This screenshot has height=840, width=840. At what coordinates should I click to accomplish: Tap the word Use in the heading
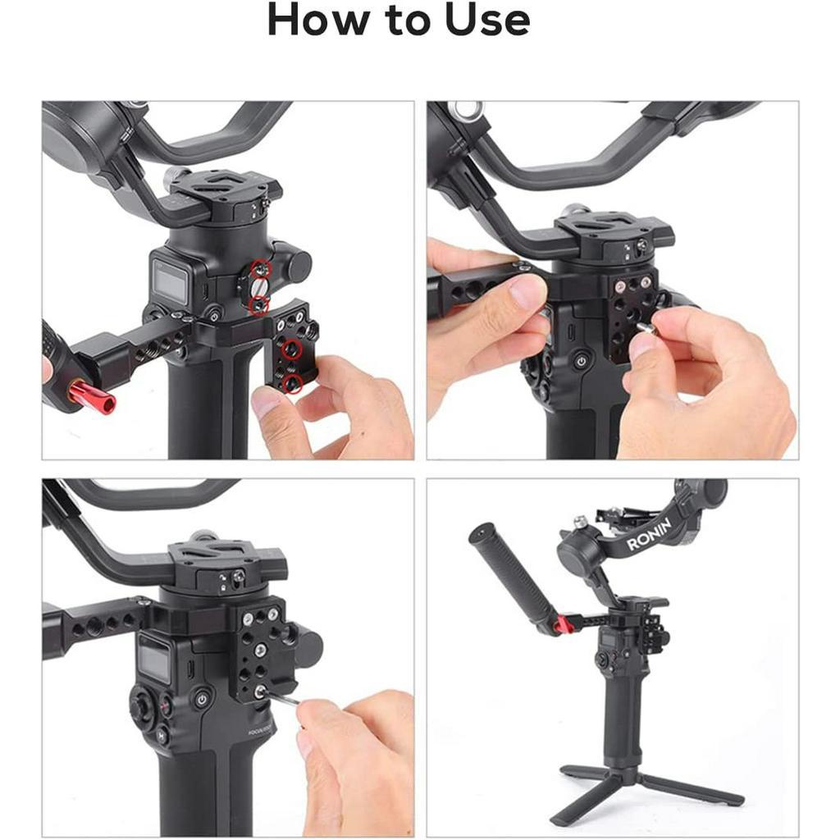tap(487, 20)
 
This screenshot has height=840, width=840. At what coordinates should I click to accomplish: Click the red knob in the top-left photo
tap(91, 396)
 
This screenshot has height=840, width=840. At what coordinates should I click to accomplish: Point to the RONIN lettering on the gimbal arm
tap(649, 534)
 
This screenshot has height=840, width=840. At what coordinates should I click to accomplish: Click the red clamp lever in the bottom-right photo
tap(561, 624)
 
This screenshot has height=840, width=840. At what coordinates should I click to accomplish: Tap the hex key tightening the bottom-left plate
tap(279, 697)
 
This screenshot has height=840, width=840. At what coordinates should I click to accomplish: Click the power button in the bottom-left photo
tap(202, 699)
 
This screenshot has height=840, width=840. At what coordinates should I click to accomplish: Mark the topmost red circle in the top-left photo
tap(262, 267)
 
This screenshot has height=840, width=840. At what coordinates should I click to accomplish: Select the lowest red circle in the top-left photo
tap(293, 383)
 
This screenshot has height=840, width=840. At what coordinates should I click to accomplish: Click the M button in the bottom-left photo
tap(161, 736)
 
